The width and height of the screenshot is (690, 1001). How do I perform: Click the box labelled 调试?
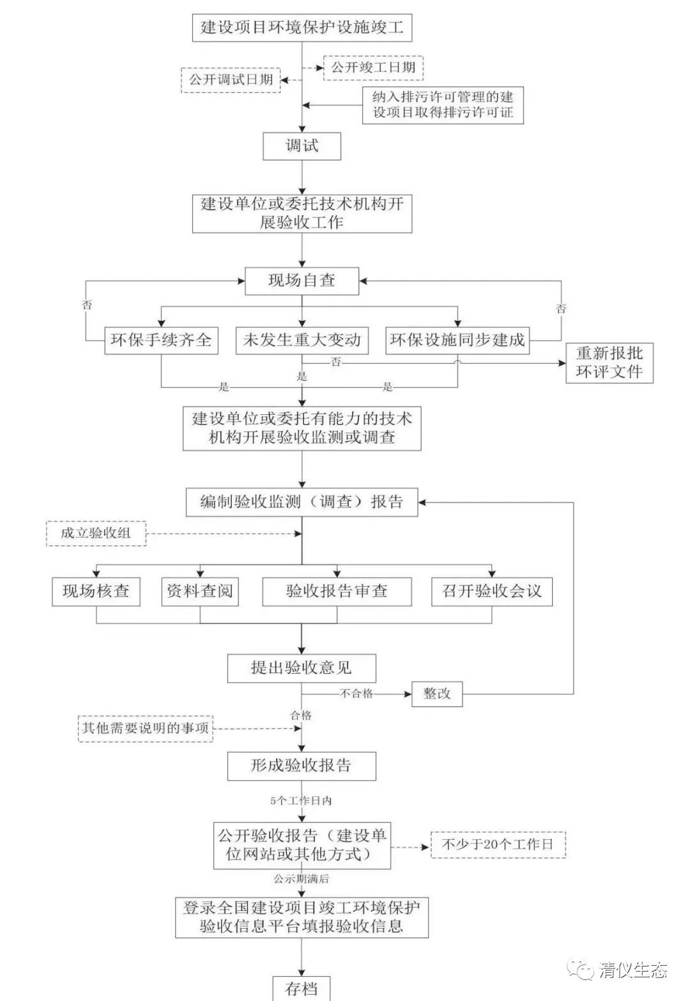302,146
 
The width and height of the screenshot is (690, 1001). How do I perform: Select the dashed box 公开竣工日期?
373,68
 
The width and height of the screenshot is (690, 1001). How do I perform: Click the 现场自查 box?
302,281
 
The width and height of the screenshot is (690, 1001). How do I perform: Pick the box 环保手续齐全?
160,339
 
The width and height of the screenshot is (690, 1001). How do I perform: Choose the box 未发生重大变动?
302,339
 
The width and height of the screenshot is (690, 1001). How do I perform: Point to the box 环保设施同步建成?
457,339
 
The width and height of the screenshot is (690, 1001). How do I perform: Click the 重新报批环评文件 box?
609,362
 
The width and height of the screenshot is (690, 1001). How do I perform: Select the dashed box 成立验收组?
96,533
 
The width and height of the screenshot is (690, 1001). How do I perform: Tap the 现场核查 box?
96,591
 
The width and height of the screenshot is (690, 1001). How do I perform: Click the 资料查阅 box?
199,591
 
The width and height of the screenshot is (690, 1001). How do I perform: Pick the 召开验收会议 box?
491,591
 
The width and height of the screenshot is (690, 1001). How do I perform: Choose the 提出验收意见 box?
302,669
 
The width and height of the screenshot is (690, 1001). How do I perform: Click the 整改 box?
437,694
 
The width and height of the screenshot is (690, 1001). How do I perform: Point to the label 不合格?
356,694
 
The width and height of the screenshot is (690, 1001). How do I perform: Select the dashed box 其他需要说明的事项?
145,728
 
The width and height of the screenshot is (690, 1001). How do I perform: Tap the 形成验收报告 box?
302,766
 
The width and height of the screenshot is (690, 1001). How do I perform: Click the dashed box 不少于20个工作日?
498,844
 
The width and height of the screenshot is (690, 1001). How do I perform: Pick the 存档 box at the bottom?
302,988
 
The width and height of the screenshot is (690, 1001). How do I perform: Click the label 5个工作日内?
301,800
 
